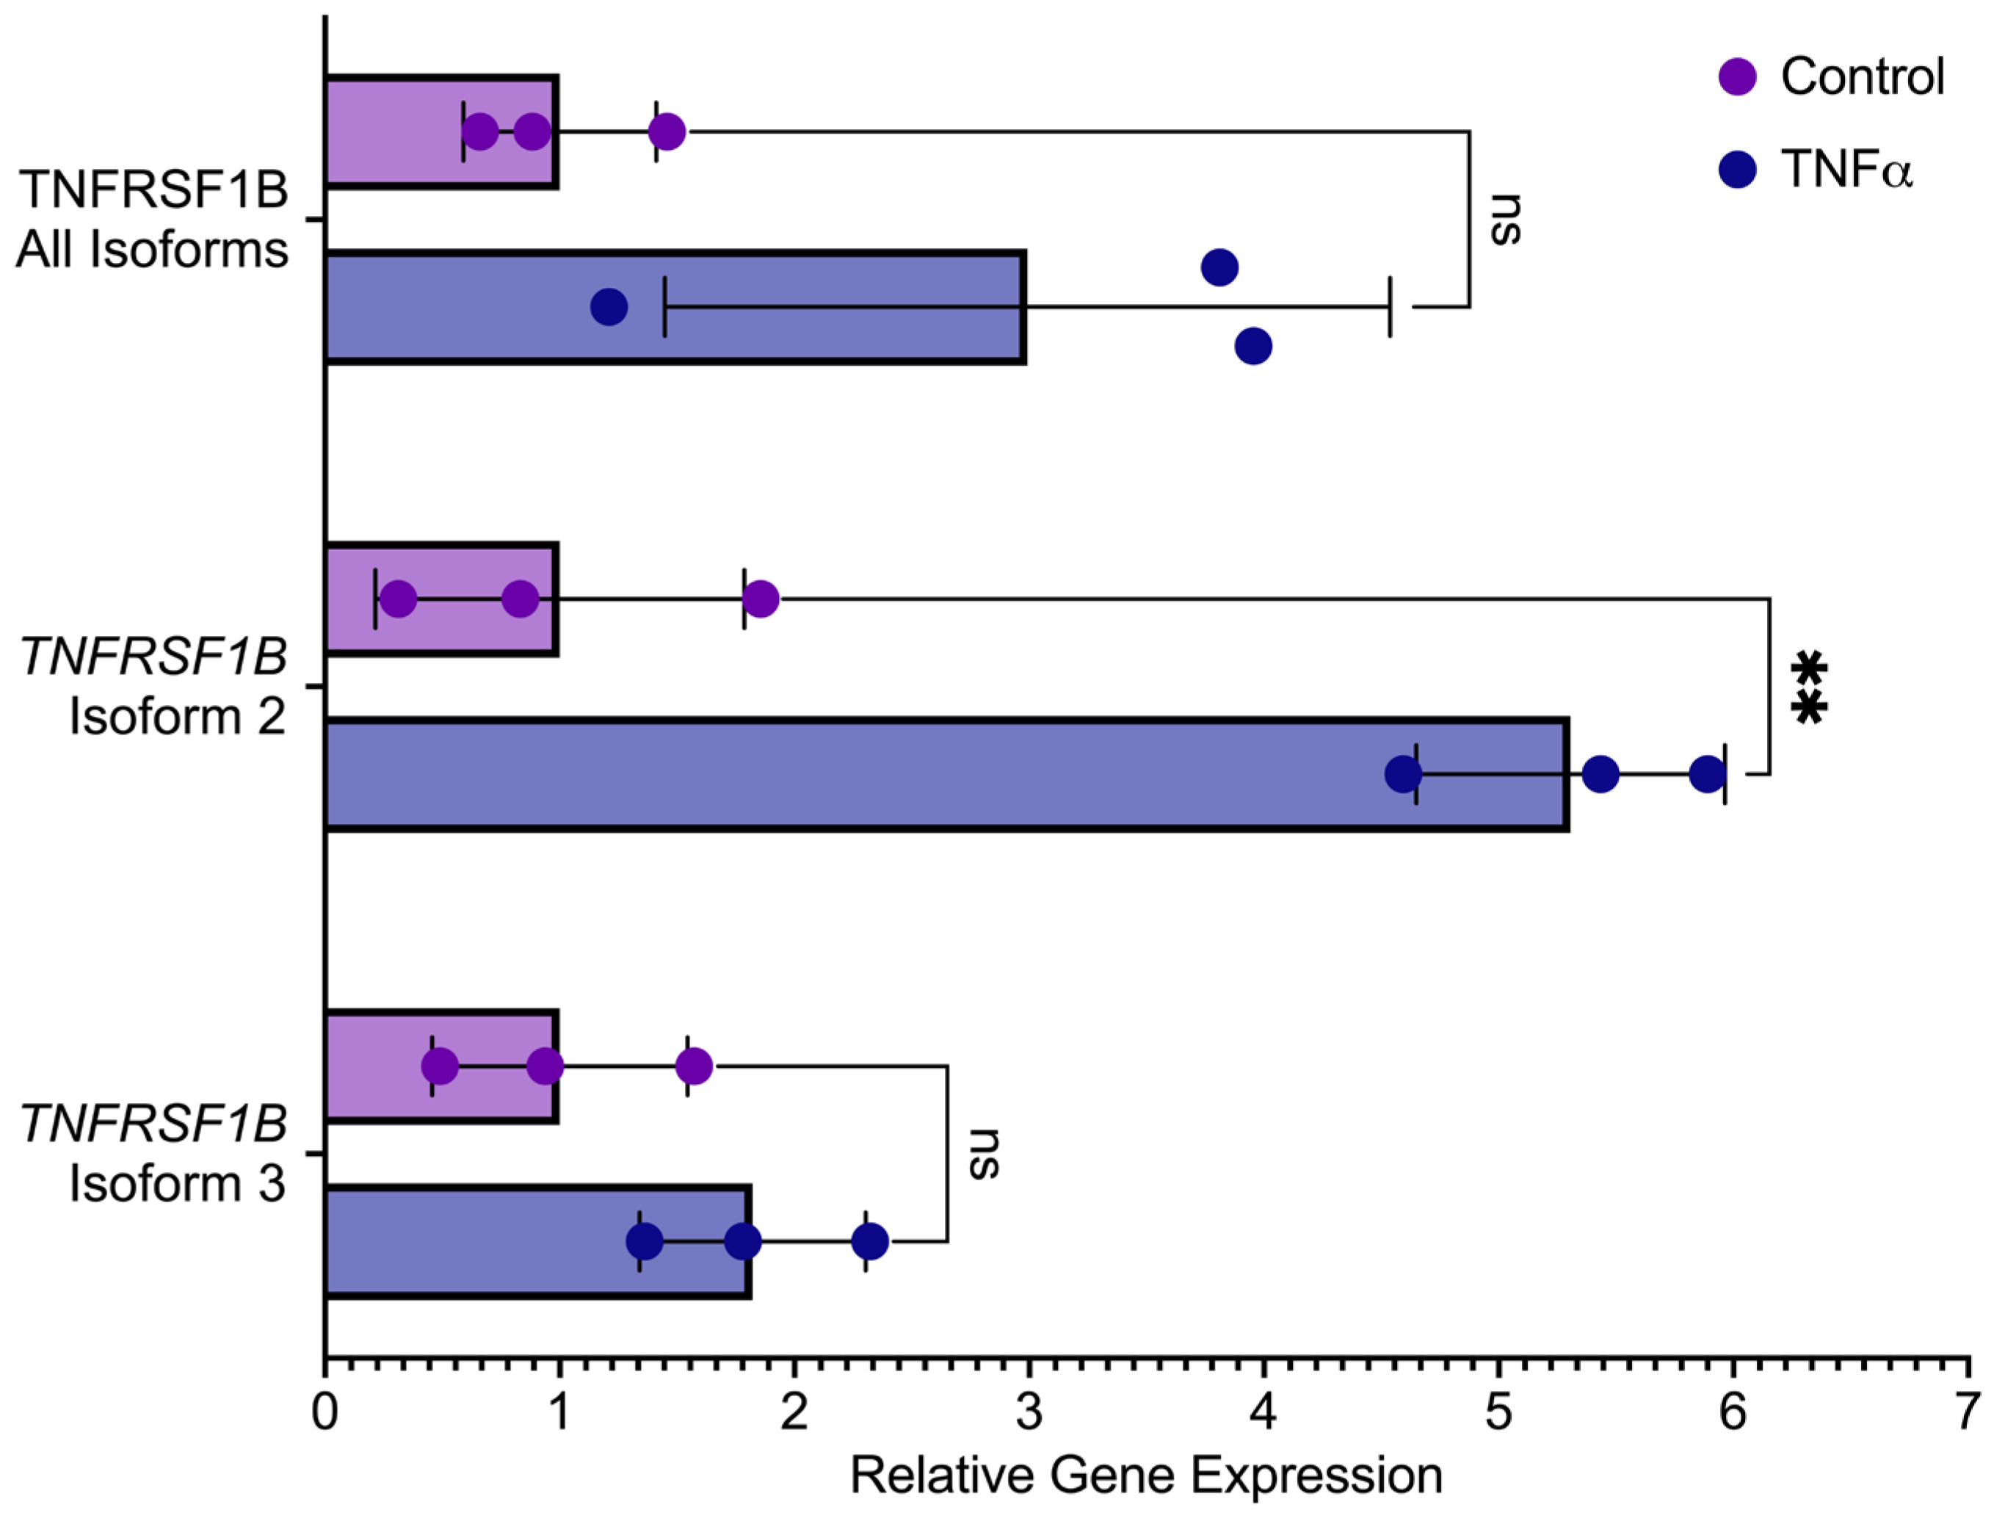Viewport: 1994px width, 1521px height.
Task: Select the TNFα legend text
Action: (1847, 170)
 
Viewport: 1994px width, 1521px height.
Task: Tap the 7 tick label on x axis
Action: (1967, 1412)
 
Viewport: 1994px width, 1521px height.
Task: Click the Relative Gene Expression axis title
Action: (1146, 1475)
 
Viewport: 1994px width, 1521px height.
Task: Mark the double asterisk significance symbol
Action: (1808, 688)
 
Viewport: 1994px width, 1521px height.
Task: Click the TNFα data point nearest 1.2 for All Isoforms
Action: (609, 307)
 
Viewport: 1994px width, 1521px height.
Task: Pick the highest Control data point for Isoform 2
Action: (761, 599)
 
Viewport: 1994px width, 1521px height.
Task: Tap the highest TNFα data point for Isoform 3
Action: (870, 1240)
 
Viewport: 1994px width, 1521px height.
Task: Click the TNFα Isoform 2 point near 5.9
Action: (1707, 774)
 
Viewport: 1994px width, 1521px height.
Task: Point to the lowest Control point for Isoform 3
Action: (440, 1066)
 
